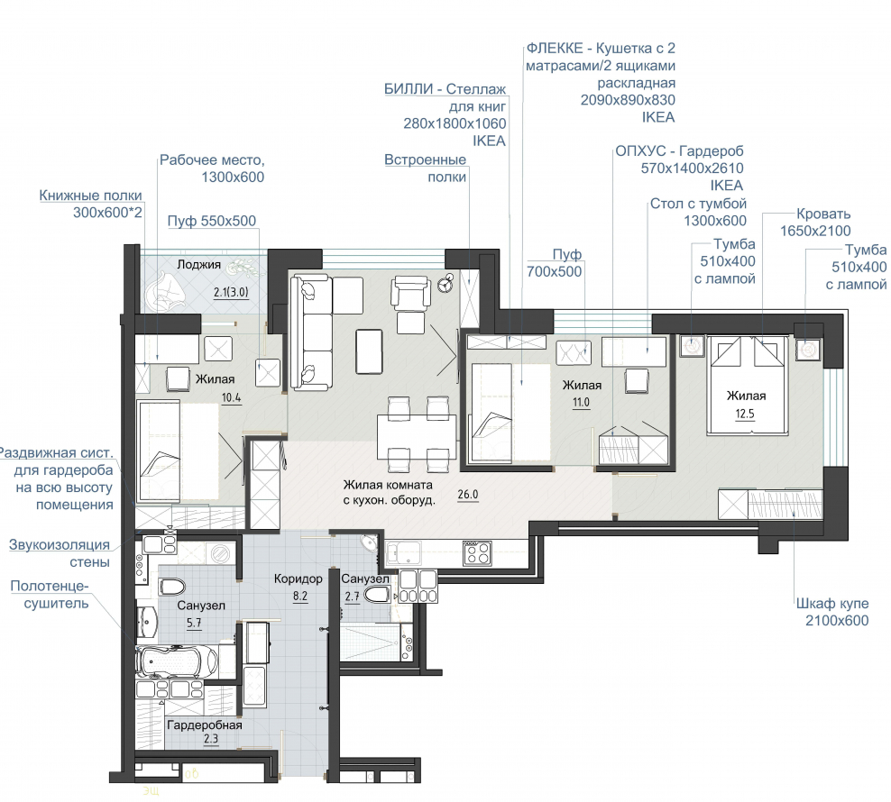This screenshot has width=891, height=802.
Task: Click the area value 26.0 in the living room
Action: (468, 494)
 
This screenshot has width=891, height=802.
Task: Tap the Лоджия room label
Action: (199, 264)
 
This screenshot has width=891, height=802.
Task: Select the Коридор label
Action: (299, 579)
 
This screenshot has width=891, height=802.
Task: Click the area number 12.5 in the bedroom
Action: (745, 414)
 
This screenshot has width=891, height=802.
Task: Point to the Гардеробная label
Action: (205, 725)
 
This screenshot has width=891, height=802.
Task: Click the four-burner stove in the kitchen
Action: (477, 553)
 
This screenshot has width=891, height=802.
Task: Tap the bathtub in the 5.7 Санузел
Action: (177, 661)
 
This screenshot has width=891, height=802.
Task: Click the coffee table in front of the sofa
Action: (369, 351)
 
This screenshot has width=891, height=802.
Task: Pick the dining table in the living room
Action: (417, 435)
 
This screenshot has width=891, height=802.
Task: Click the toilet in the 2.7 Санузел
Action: (376, 596)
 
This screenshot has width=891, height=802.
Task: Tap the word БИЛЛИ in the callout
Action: (409, 89)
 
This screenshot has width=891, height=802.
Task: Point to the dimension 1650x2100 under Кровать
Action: (815, 232)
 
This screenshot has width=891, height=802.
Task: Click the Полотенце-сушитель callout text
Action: (50, 595)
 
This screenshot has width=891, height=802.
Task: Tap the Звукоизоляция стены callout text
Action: (60, 553)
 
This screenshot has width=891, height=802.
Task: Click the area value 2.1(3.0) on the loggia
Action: (231, 293)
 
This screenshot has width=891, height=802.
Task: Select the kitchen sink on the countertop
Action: (403, 552)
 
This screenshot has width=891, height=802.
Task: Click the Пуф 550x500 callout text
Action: (212, 221)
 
